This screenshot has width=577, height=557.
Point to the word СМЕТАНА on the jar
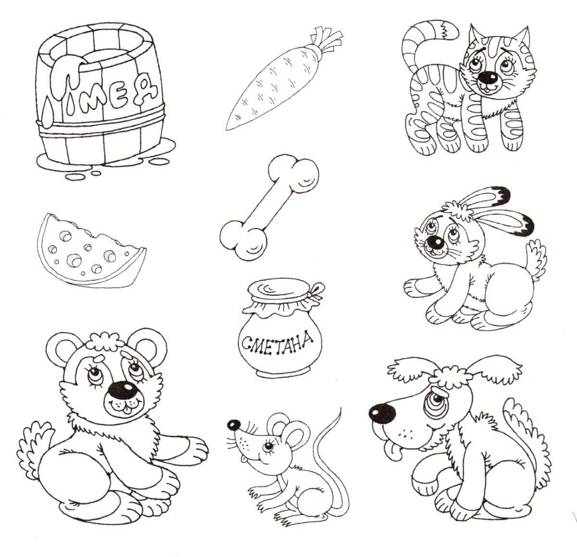point(277,343)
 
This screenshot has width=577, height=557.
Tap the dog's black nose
point(383,413)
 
